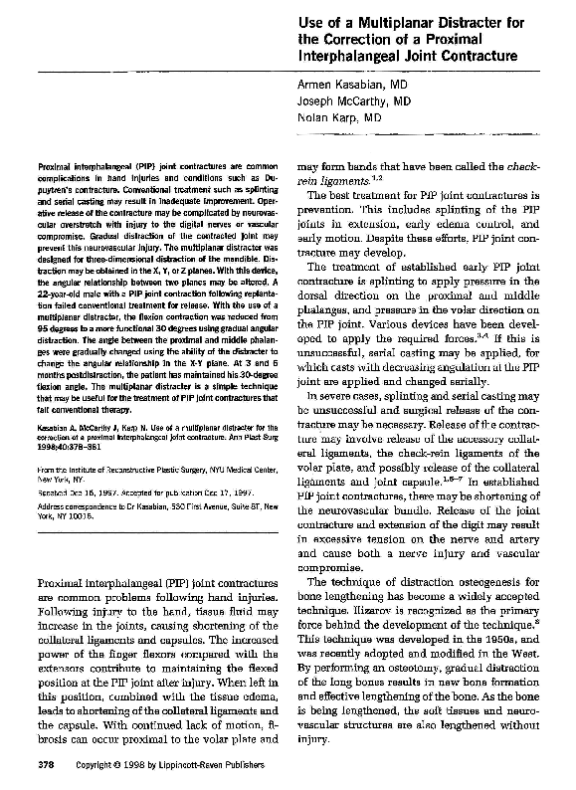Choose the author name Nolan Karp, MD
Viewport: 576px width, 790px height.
tap(340, 117)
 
